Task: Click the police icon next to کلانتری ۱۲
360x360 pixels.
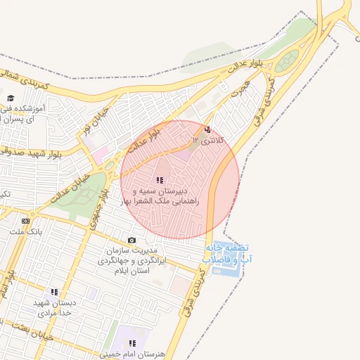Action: (x=207, y=130)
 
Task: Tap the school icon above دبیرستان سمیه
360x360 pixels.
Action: (x=160, y=181)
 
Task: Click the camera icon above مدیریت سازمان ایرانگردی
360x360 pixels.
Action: (x=131, y=240)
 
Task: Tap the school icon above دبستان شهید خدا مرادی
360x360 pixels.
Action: (x=54, y=292)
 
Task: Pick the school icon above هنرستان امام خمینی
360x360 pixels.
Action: (x=131, y=343)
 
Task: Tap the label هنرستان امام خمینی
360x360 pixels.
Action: (x=131, y=354)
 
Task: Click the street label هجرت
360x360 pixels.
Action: (x=239, y=89)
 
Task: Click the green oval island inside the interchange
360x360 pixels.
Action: (x=286, y=63)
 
